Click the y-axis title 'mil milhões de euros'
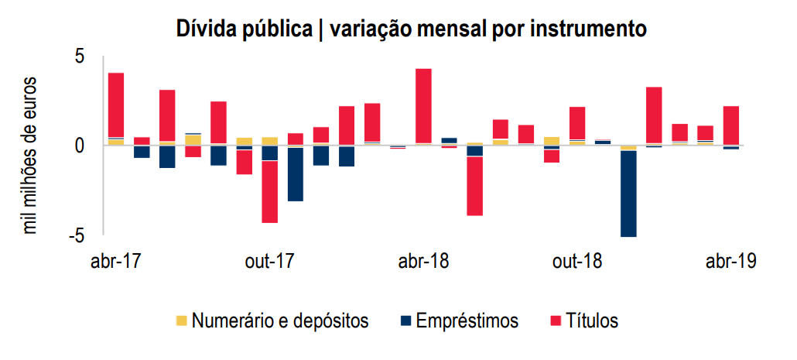[x=30, y=155]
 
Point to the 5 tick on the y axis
[x=80, y=57]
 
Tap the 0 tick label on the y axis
[x=80, y=146]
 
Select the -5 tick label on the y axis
[x=76, y=235]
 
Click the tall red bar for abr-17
[x=116, y=105]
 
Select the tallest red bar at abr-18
[x=423, y=105]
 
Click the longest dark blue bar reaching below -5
[x=628, y=194]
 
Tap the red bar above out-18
[x=577, y=123]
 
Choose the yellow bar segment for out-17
[x=269, y=141]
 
